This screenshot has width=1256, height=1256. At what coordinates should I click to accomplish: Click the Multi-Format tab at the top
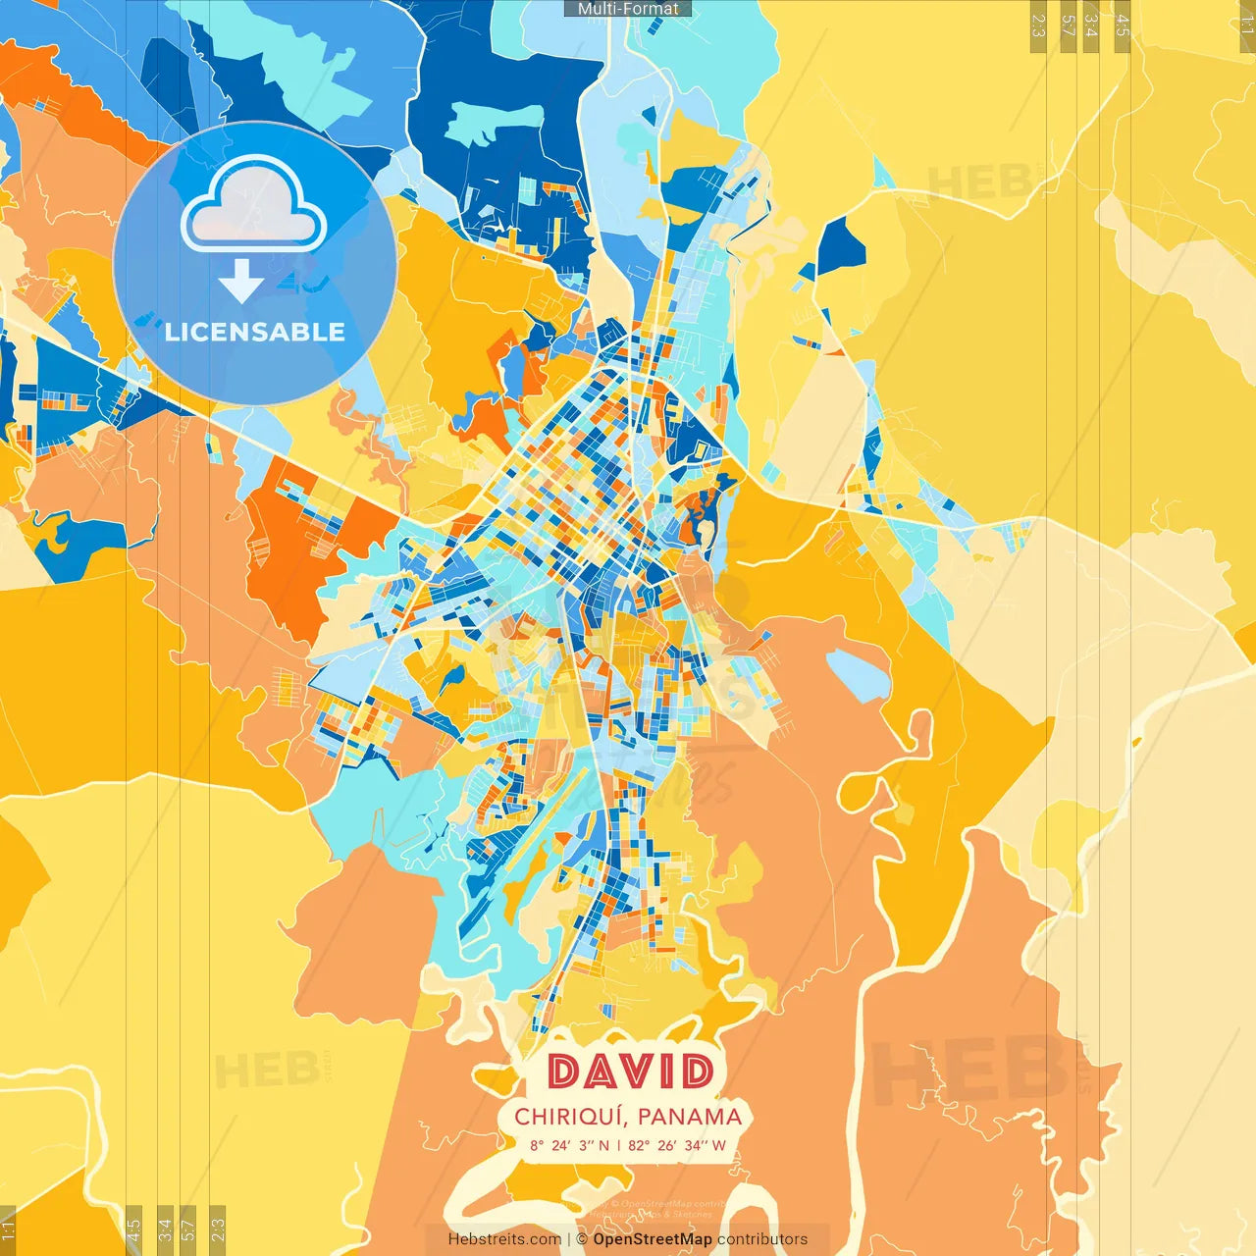[628, 9]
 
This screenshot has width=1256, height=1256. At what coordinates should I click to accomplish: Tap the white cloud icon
[253, 206]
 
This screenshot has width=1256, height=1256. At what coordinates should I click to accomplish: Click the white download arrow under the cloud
[241, 282]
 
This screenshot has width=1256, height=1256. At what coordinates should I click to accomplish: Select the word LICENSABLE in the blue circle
[255, 332]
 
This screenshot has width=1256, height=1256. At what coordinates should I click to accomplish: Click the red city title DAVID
[630, 1072]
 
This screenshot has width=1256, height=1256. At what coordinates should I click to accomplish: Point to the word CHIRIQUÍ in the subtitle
[569, 1117]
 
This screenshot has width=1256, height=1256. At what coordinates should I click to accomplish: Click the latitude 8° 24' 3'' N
[569, 1145]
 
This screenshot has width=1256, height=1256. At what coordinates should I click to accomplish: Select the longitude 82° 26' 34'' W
[677, 1145]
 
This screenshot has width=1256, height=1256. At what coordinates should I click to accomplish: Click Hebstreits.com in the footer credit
[504, 1239]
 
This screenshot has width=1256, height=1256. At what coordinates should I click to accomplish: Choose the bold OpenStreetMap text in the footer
[653, 1239]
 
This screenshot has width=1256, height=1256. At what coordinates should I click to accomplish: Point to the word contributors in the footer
[762, 1239]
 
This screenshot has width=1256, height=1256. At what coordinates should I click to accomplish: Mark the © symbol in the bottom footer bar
[582, 1239]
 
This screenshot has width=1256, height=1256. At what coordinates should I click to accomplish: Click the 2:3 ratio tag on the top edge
[1038, 26]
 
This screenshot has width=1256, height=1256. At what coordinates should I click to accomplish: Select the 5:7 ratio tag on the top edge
[1068, 26]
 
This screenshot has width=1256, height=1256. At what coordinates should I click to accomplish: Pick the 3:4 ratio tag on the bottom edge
[165, 1230]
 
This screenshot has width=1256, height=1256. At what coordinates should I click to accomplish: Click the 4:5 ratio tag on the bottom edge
[134, 1230]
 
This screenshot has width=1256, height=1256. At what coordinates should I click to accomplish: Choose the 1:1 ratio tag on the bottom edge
[9, 1230]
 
